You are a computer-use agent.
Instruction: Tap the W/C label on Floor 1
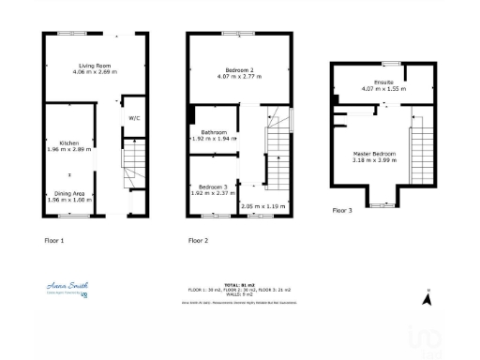tap(134, 118)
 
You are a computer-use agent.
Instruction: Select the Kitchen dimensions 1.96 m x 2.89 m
tap(69, 149)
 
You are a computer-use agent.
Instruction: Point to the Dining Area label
tap(69, 194)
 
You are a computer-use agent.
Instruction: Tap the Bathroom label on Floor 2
tap(210, 132)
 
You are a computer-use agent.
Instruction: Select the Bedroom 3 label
tap(209, 187)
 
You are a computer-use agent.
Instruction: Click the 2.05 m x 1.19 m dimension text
tap(262, 205)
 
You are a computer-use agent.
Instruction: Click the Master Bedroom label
tap(374, 153)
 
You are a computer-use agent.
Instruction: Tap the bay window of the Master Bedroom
tap(382, 202)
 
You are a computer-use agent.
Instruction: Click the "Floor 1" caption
tap(54, 241)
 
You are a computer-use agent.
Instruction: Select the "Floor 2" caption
tap(198, 241)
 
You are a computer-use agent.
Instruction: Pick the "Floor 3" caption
tap(343, 211)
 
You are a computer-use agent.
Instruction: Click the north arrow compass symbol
tap(427, 299)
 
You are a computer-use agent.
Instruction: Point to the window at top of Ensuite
tap(385, 63)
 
